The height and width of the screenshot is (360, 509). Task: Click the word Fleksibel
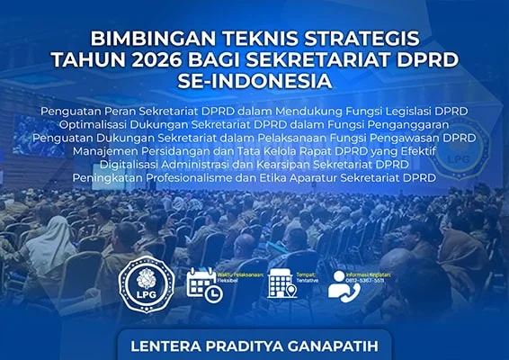pos(235,280)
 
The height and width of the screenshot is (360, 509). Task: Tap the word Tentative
pos(310,280)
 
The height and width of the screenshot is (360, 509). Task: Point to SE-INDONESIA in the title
pos(254,80)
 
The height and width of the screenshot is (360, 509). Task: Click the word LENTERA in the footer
pos(165,346)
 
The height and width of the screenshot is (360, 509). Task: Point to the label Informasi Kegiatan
pos(388,272)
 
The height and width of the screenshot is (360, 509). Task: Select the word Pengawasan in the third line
pos(383,137)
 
